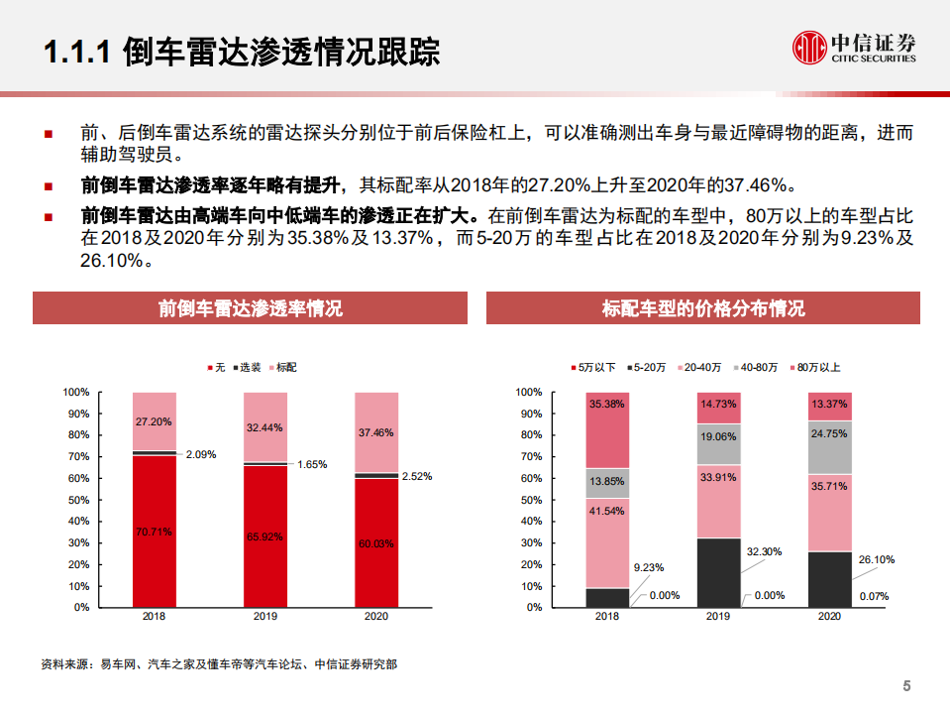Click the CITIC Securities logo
pos(854,47)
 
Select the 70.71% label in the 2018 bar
pos(154,533)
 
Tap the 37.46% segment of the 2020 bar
pos(376,432)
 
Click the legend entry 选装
pos(250,368)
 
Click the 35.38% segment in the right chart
pos(606,429)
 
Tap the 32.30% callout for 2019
pos(764,550)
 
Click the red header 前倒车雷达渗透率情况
pos(250,308)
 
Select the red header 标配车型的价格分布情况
pos(702,308)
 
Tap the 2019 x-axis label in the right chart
pos(717,617)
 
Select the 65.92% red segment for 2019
pos(265,535)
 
